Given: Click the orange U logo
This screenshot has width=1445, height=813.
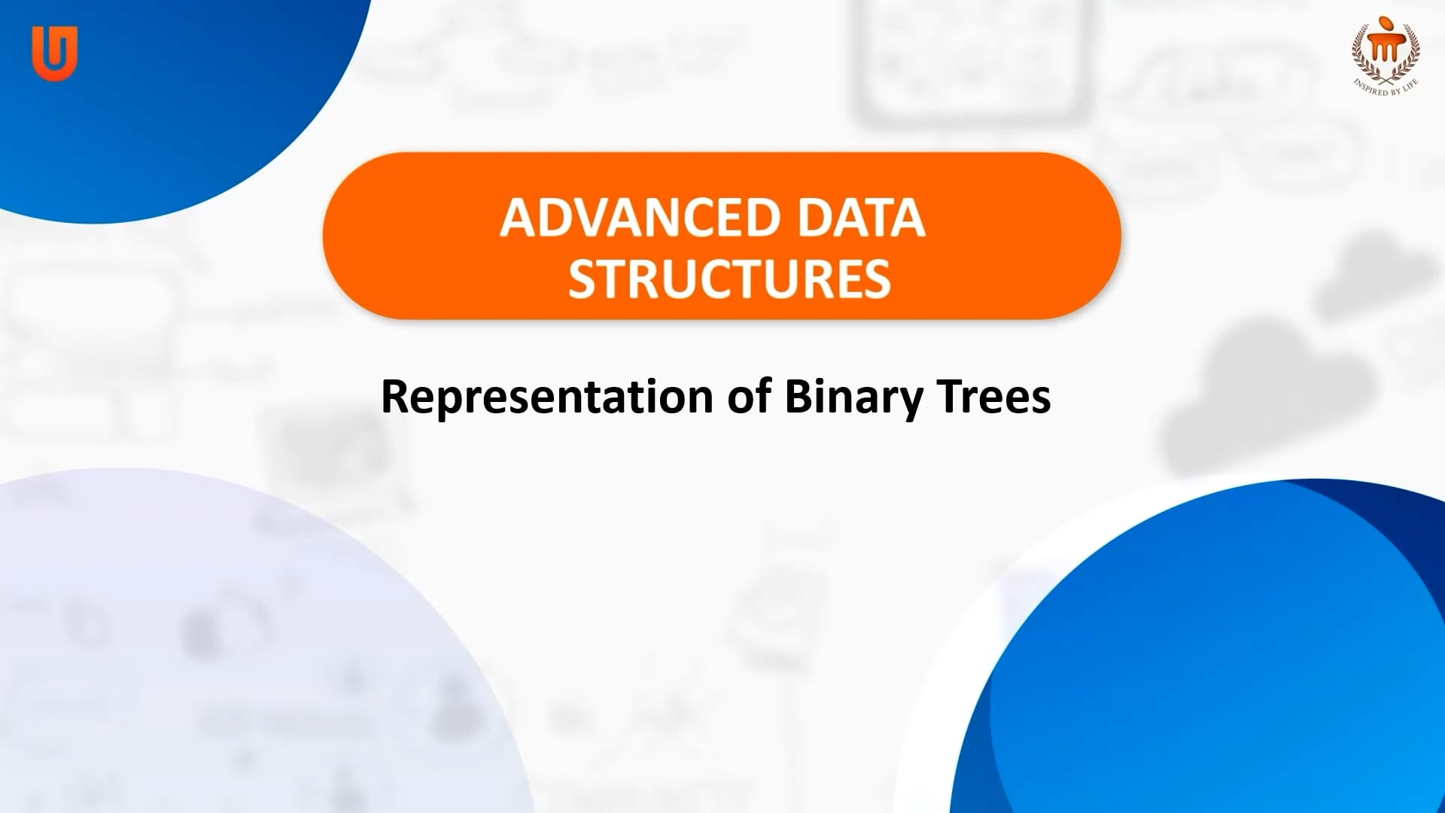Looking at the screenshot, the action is [54, 53].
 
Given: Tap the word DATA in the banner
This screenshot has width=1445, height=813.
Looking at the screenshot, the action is [861, 218].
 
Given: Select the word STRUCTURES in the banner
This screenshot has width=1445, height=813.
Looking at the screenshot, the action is [729, 279].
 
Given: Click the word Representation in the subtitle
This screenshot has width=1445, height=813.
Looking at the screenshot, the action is [547, 397].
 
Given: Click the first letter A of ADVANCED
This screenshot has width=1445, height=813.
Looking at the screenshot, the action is [519, 218].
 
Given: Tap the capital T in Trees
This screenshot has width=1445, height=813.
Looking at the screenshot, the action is [949, 397].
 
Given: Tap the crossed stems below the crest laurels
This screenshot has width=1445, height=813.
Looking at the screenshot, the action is [1386, 75].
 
